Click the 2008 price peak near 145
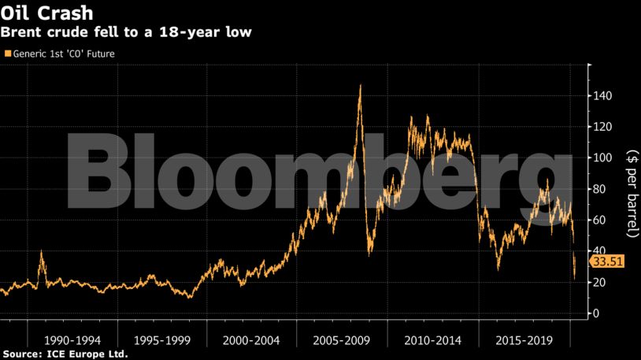360,85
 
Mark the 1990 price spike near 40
41,252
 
